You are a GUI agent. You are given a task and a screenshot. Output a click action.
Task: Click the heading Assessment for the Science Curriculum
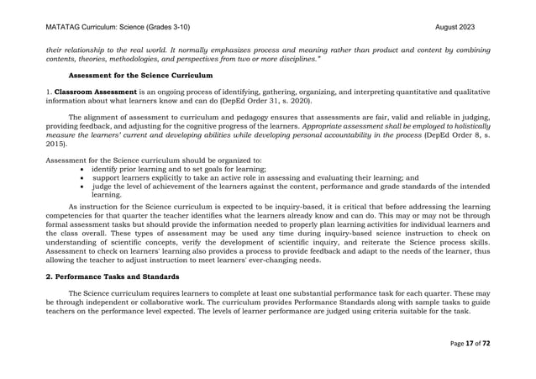tap(140, 76)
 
